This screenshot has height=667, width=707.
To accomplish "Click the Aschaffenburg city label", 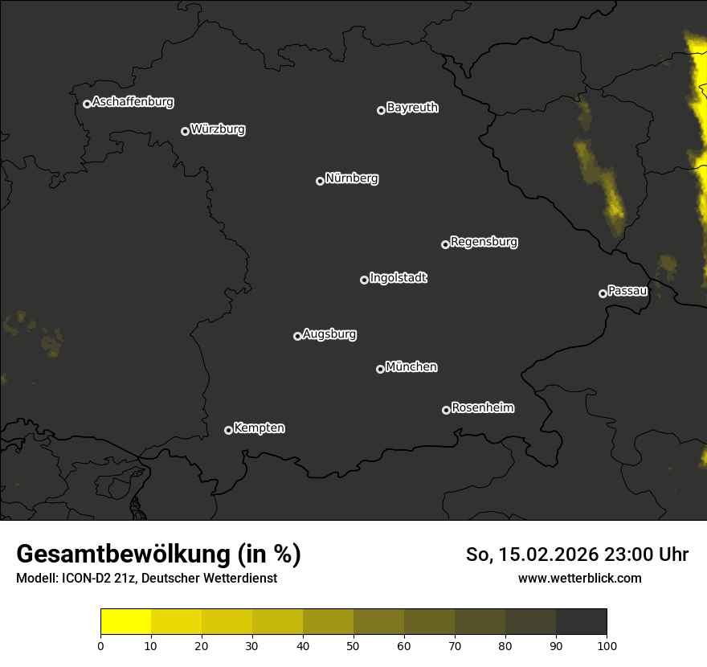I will click(133, 102).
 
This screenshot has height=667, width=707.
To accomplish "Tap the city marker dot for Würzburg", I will click(185, 131).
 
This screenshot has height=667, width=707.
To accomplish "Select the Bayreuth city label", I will click(412, 108).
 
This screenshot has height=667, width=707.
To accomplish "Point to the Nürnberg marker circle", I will click(320, 181).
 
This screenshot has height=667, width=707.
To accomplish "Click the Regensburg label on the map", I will click(484, 241).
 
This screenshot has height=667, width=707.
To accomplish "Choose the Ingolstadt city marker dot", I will click(364, 280).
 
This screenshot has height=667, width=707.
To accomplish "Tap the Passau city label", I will click(627, 291).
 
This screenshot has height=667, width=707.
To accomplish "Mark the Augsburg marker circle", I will click(297, 336).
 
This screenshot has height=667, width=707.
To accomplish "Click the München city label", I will click(411, 367).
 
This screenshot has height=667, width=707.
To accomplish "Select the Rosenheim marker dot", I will click(446, 411).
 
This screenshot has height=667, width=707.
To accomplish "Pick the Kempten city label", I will click(259, 428).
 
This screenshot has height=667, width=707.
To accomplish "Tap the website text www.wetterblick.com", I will click(580, 578).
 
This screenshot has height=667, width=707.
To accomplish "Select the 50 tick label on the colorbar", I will click(353, 644).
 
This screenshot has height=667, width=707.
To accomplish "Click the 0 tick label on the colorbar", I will click(100, 644).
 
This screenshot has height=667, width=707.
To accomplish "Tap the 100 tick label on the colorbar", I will click(607, 644).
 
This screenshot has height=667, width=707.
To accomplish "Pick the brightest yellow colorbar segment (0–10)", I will click(125, 622).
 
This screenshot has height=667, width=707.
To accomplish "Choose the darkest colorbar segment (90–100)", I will click(581, 622).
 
